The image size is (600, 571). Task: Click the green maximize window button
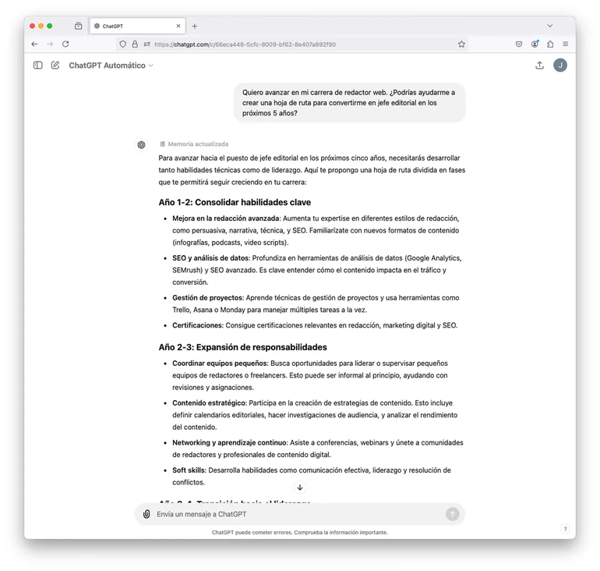click(50, 26)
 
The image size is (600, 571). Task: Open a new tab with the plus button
click(195, 26)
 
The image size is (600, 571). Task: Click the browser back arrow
click(34, 44)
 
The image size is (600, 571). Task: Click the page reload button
click(66, 44)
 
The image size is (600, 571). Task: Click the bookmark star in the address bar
click(461, 44)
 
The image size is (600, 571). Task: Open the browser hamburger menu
click(565, 44)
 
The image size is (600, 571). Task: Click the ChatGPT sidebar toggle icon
click(37, 66)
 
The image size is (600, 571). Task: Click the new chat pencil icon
click(55, 66)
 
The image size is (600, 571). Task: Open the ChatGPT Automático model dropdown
click(111, 66)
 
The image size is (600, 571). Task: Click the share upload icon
click(539, 66)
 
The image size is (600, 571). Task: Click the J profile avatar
click(560, 66)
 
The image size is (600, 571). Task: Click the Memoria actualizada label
click(198, 144)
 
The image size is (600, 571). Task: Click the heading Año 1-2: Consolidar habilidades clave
click(235, 203)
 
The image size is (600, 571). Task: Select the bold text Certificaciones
click(197, 325)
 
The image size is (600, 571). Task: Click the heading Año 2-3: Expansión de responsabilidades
click(242, 347)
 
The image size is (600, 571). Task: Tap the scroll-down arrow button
click(300, 488)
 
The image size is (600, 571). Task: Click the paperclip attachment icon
click(146, 514)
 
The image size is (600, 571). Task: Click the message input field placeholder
click(202, 514)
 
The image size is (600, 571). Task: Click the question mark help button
click(566, 529)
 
